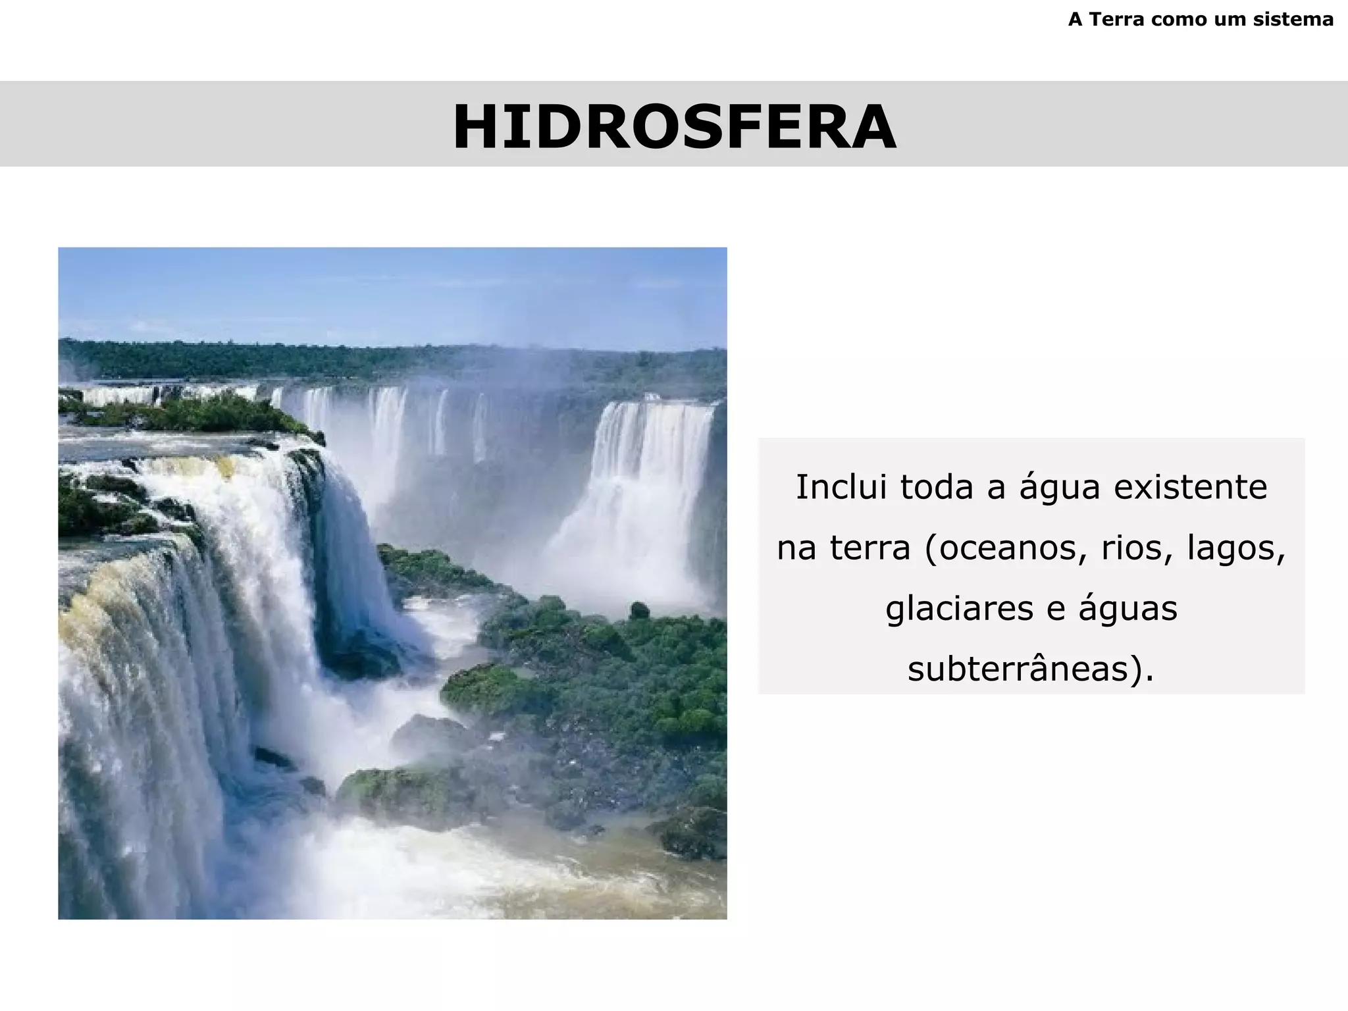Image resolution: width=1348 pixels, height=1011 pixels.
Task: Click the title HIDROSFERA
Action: (x=674, y=127)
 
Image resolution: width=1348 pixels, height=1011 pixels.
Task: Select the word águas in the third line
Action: (x=1128, y=608)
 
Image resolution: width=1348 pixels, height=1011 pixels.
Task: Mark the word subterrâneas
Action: (x=1024, y=669)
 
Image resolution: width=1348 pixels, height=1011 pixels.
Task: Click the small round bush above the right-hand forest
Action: (x=638, y=611)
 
